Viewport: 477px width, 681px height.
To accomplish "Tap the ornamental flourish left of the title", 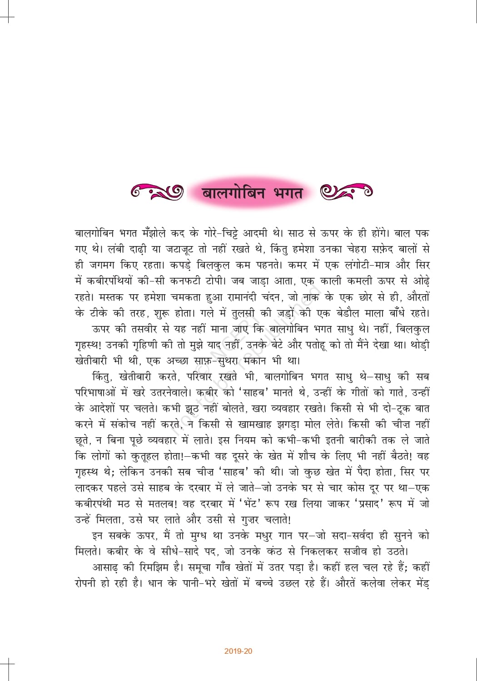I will [x=157, y=192].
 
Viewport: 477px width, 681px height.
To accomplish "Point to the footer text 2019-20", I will [x=238, y=651].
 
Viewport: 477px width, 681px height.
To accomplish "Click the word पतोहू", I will [x=313, y=345].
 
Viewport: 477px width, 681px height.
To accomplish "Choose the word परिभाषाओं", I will [x=98, y=393].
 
